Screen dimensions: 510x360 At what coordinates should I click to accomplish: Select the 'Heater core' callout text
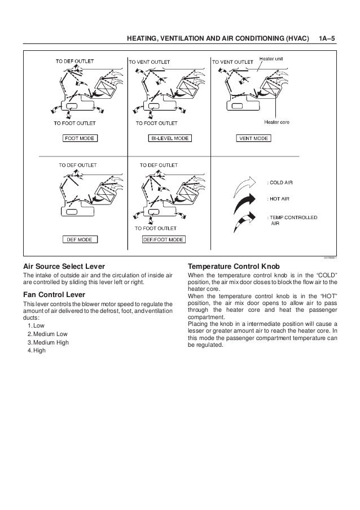(x=276, y=121)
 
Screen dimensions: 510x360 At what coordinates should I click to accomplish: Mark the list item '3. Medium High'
(x=47, y=342)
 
